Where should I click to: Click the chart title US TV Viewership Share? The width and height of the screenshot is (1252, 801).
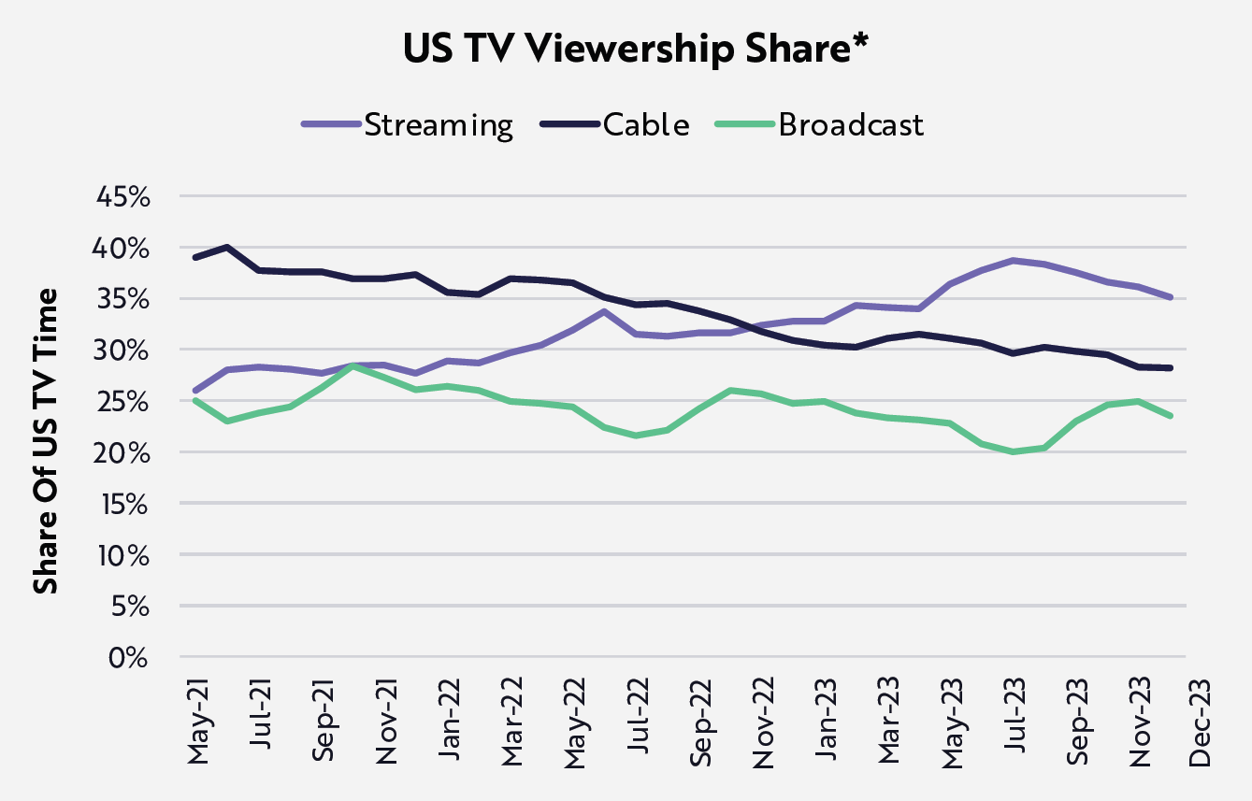pyautogui.click(x=626, y=50)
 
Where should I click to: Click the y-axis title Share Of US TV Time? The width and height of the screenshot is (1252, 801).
pyautogui.click(x=46, y=440)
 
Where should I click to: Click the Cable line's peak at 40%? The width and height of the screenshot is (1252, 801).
pyautogui.click(x=226, y=248)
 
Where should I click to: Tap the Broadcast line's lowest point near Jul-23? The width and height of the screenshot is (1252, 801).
pyautogui.click(x=1013, y=451)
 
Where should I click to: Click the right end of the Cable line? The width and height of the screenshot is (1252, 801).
pyautogui.click(x=1170, y=368)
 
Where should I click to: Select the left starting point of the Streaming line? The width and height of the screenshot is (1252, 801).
pyautogui.click(x=194, y=391)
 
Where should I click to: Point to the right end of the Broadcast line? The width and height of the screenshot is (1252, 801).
pyautogui.click(x=1170, y=416)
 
